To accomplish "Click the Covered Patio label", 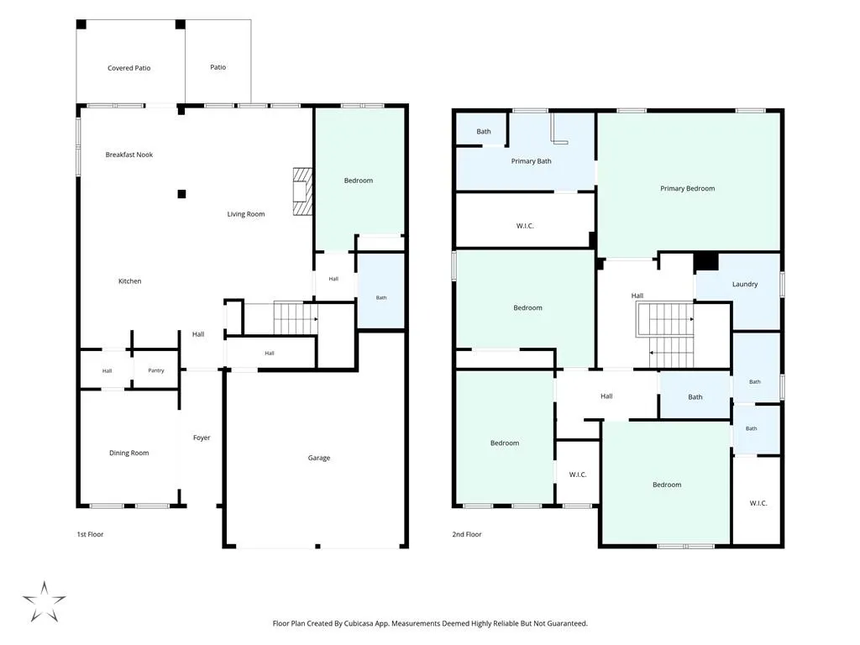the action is point(128,68).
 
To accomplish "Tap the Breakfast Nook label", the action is point(128,155).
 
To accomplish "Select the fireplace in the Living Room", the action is point(302,191).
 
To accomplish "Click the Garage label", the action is point(318,458).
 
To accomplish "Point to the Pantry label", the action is point(155,370).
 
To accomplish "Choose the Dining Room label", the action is point(128,453).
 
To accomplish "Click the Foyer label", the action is point(202,438).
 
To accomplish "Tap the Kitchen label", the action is point(130,281).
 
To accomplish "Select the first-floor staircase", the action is point(296,318).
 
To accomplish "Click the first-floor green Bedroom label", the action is point(358,181).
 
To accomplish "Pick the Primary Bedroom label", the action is point(687,188).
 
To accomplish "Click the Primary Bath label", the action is point(531,160).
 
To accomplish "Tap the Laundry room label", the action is point(745,284).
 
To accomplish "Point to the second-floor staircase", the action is point(665,334).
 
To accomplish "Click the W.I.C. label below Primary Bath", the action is point(525,225).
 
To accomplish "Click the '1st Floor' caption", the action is point(90,534).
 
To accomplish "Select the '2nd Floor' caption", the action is point(467,534).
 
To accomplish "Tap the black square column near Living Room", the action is point(181,194).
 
